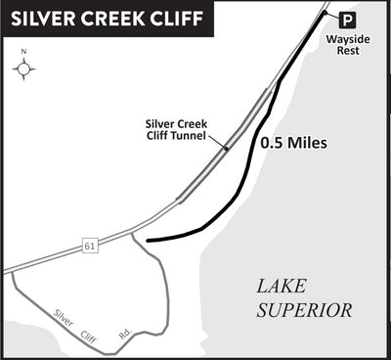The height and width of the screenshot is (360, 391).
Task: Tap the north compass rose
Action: tap(25, 69)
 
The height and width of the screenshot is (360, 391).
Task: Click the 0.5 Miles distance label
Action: tap(292, 143)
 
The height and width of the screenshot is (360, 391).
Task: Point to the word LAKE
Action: tap(283, 287)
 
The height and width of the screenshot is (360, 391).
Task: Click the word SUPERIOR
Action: tap(305, 310)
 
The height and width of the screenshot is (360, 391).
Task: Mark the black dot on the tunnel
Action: tap(226, 148)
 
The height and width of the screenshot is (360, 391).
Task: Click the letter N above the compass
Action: tap(25, 54)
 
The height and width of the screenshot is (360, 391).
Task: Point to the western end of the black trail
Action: tap(147, 239)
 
